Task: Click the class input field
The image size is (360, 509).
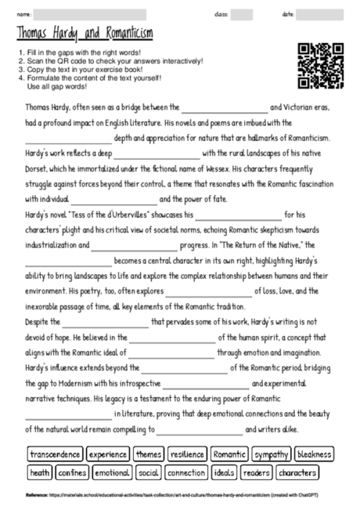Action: coord(242,14)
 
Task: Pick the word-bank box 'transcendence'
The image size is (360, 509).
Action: coord(55,454)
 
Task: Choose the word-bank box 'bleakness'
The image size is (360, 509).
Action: coord(314,454)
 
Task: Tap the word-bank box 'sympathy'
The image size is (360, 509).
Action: coord(272,454)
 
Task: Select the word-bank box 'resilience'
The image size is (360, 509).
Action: coord(187,454)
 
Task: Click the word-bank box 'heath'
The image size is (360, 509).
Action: coord(40,472)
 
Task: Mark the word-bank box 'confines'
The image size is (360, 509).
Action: coord(72,472)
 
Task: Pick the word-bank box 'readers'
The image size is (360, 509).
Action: coord(256,472)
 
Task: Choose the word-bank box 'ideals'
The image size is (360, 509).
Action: coord(223,472)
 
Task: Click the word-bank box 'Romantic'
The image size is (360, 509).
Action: coord(229,454)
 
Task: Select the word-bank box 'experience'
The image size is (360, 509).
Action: coord(107,454)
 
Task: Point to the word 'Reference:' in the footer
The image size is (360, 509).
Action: coord(37,496)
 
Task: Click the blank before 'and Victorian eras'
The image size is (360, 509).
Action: coord(224,108)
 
